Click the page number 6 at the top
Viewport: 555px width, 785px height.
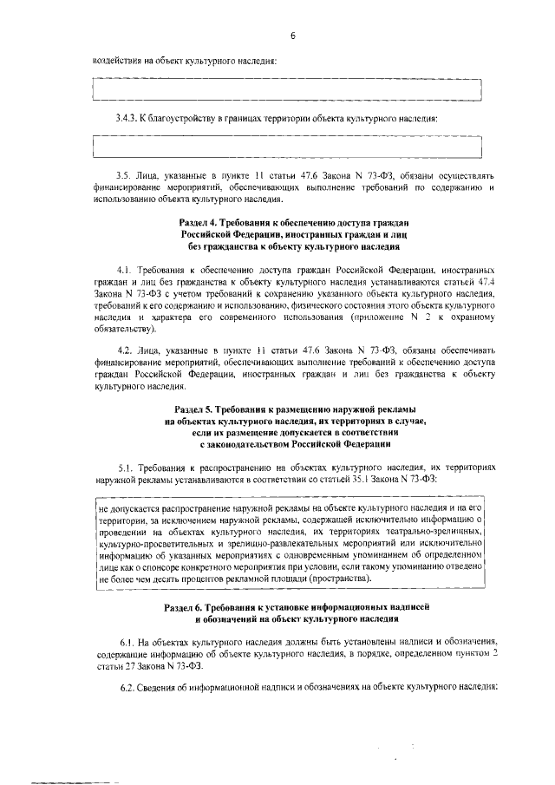click(292, 36)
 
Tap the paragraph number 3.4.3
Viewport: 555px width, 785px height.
click(127, 119)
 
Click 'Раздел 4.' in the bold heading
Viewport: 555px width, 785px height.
click(200, 224)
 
